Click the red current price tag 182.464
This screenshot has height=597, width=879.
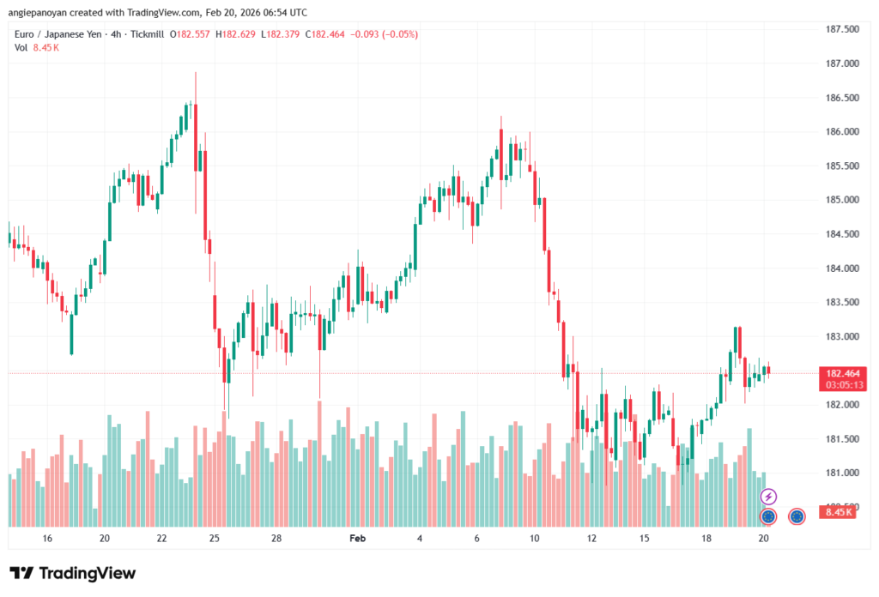tap(844, 373)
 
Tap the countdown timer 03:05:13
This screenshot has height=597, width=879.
tap(844, 385)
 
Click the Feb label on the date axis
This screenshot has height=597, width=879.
tap(357, 539)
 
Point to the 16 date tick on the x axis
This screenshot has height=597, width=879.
tap(47, 539)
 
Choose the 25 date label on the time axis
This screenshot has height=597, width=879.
tap(215, 539)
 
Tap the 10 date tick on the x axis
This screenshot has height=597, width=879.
tap(534, 539)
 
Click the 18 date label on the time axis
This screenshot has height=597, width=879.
tap(706, 539)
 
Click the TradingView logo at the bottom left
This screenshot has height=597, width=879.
tap(73, 573)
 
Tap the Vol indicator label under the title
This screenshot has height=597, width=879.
tap(21, 48)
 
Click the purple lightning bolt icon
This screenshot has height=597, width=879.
tap(769, 497)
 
